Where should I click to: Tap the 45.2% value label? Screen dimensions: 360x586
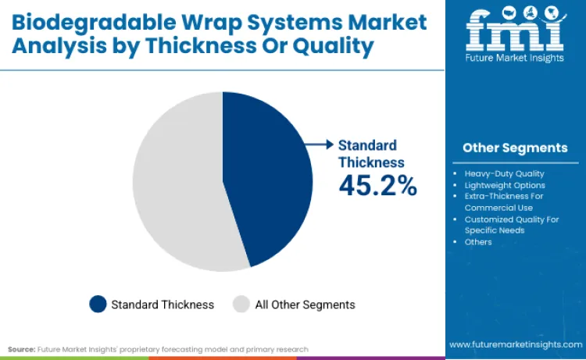pos(377,185)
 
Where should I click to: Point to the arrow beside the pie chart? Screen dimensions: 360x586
pos(318,144)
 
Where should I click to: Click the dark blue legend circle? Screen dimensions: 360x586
pos(98,305)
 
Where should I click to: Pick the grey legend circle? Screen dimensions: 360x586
pos(241,305)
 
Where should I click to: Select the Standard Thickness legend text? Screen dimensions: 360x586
pos(163,305)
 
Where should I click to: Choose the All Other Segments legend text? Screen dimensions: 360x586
pos(305,305)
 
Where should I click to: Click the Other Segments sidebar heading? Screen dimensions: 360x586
pos(515,148)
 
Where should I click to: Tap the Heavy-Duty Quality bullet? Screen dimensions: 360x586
pos(504,173)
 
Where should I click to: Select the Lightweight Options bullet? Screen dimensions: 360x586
pos(505,185)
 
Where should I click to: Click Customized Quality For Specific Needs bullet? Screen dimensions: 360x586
pos(512,225)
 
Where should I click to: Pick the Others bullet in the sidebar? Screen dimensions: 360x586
pos(478,242)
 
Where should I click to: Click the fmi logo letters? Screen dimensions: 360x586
pos(515,30)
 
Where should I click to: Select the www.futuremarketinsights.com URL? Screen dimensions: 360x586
pos(515,344)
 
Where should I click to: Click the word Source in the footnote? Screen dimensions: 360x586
pos(21,349)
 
